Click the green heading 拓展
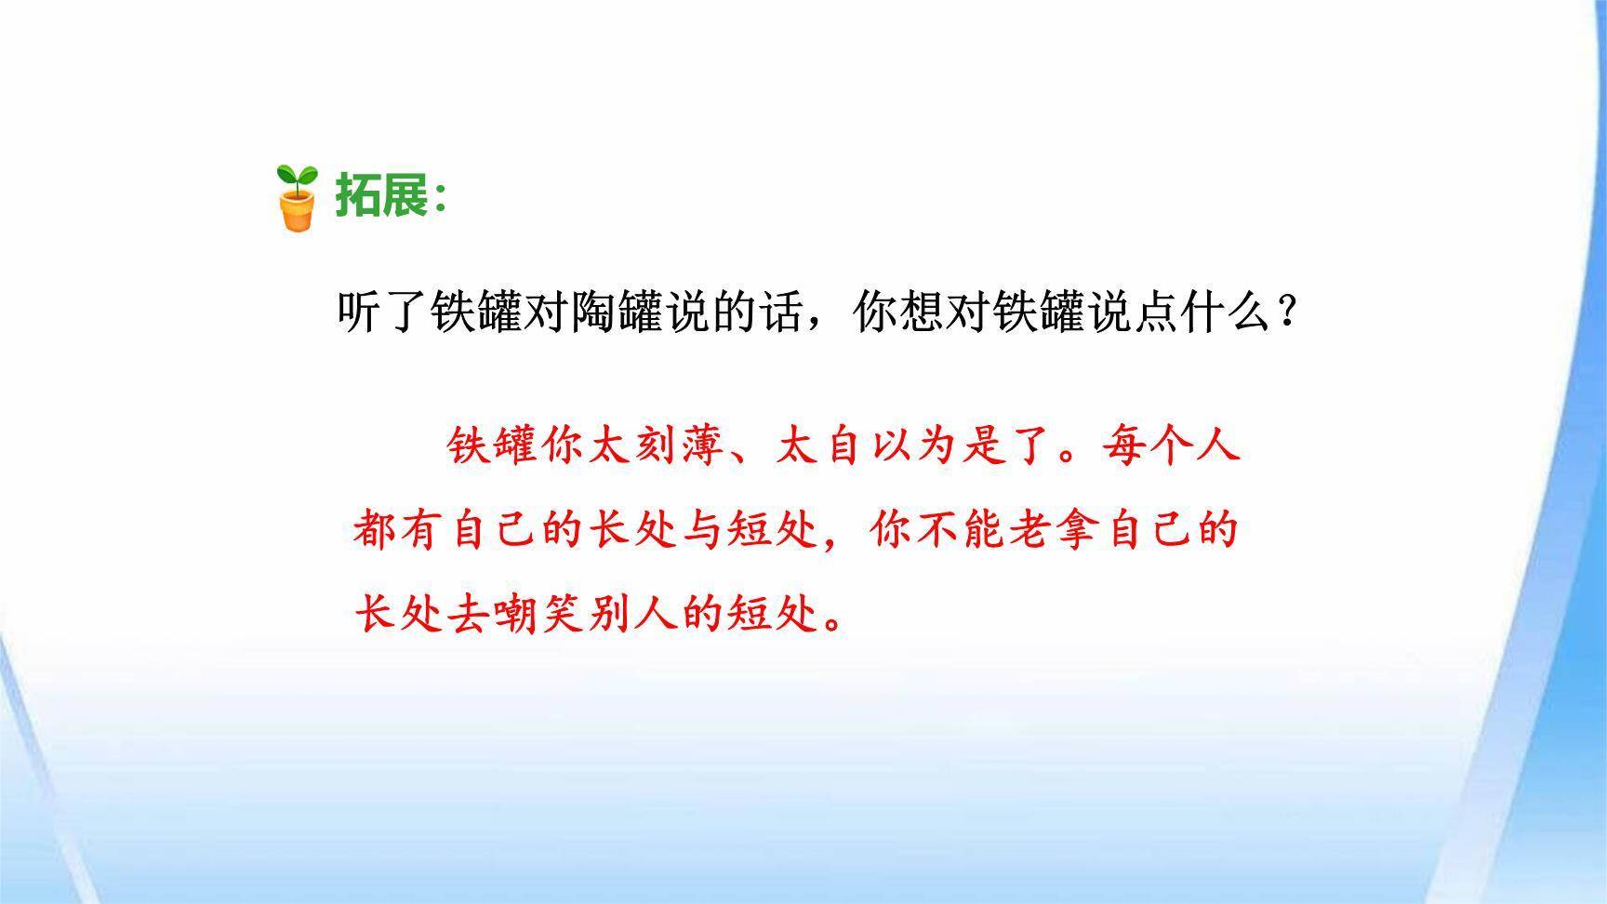coord(380,196)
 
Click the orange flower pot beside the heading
coord(299,211)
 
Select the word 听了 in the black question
coord(381,312)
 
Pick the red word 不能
coord(962,530)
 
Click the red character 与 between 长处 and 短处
coord(704,530)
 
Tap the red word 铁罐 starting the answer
coord(493,445)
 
